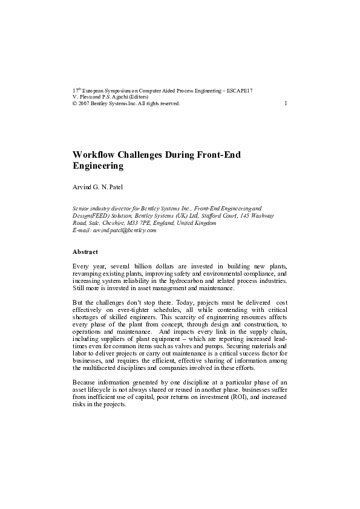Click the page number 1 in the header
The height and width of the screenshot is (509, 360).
coord(285,103)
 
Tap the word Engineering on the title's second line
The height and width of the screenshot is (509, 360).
coord(98,166)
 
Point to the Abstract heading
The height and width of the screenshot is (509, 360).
coord(85,251)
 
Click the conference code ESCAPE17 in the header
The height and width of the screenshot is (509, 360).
coord(240,91)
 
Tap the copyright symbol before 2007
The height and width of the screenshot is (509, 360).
coord(74,103)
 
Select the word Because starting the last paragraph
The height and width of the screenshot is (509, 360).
coord(85,382)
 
